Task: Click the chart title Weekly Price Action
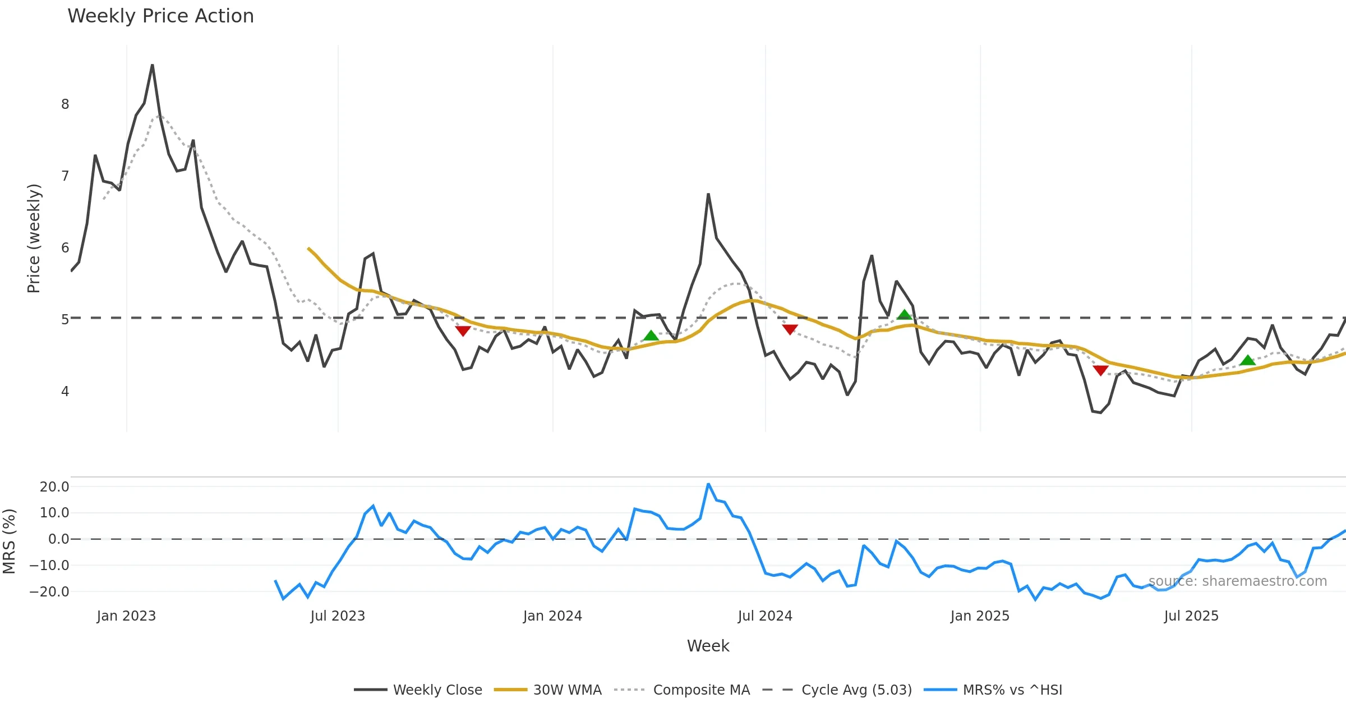point(160,16)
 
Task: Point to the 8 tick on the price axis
point(65,104)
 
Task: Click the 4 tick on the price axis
point(65,392)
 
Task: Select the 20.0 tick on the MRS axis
point(54,487)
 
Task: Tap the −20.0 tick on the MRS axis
point(50,592)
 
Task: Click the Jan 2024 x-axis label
point(552,616)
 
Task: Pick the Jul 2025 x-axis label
point(1191,616)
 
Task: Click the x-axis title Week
point(708,646)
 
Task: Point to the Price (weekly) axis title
point(34,238)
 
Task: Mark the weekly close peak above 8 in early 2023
point(153,66)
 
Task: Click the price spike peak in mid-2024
point(708,195)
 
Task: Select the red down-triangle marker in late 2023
point(463,330)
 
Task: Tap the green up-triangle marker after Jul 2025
point(1247,360)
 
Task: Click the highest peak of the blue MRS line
point(708,484)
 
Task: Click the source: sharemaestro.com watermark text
point(1237,581)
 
